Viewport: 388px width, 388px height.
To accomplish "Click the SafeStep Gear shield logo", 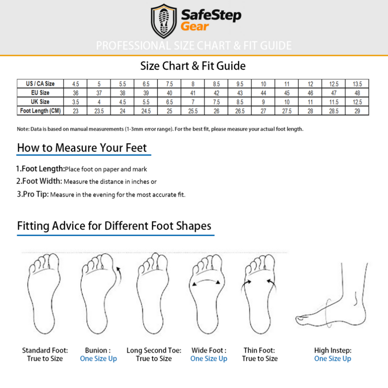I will tap(164, 21).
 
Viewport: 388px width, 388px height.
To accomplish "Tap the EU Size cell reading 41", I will tap(192, 93).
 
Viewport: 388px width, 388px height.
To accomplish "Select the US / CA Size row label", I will tap(40, 84).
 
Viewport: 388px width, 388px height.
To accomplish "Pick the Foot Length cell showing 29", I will tap(357, 111).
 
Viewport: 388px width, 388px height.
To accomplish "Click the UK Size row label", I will tap(40, 102).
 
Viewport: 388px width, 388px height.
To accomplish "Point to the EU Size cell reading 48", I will tap(357, 93).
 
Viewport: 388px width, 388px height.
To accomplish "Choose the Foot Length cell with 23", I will tap(75, 111).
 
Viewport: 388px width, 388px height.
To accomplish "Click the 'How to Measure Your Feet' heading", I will tap(82, 148).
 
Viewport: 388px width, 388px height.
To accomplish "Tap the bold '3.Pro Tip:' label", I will tap(33, 195).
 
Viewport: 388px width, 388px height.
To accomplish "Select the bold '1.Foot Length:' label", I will tap(40, 169).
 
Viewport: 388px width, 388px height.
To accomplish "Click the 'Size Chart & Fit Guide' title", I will tap(193, 66).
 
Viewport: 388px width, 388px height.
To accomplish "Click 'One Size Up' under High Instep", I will tap(332, 358).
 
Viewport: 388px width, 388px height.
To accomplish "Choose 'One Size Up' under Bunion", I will tap(98, 358).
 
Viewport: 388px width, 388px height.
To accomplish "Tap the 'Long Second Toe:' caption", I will tap(154, 350).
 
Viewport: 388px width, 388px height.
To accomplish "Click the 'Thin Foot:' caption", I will tap(260, 350).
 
